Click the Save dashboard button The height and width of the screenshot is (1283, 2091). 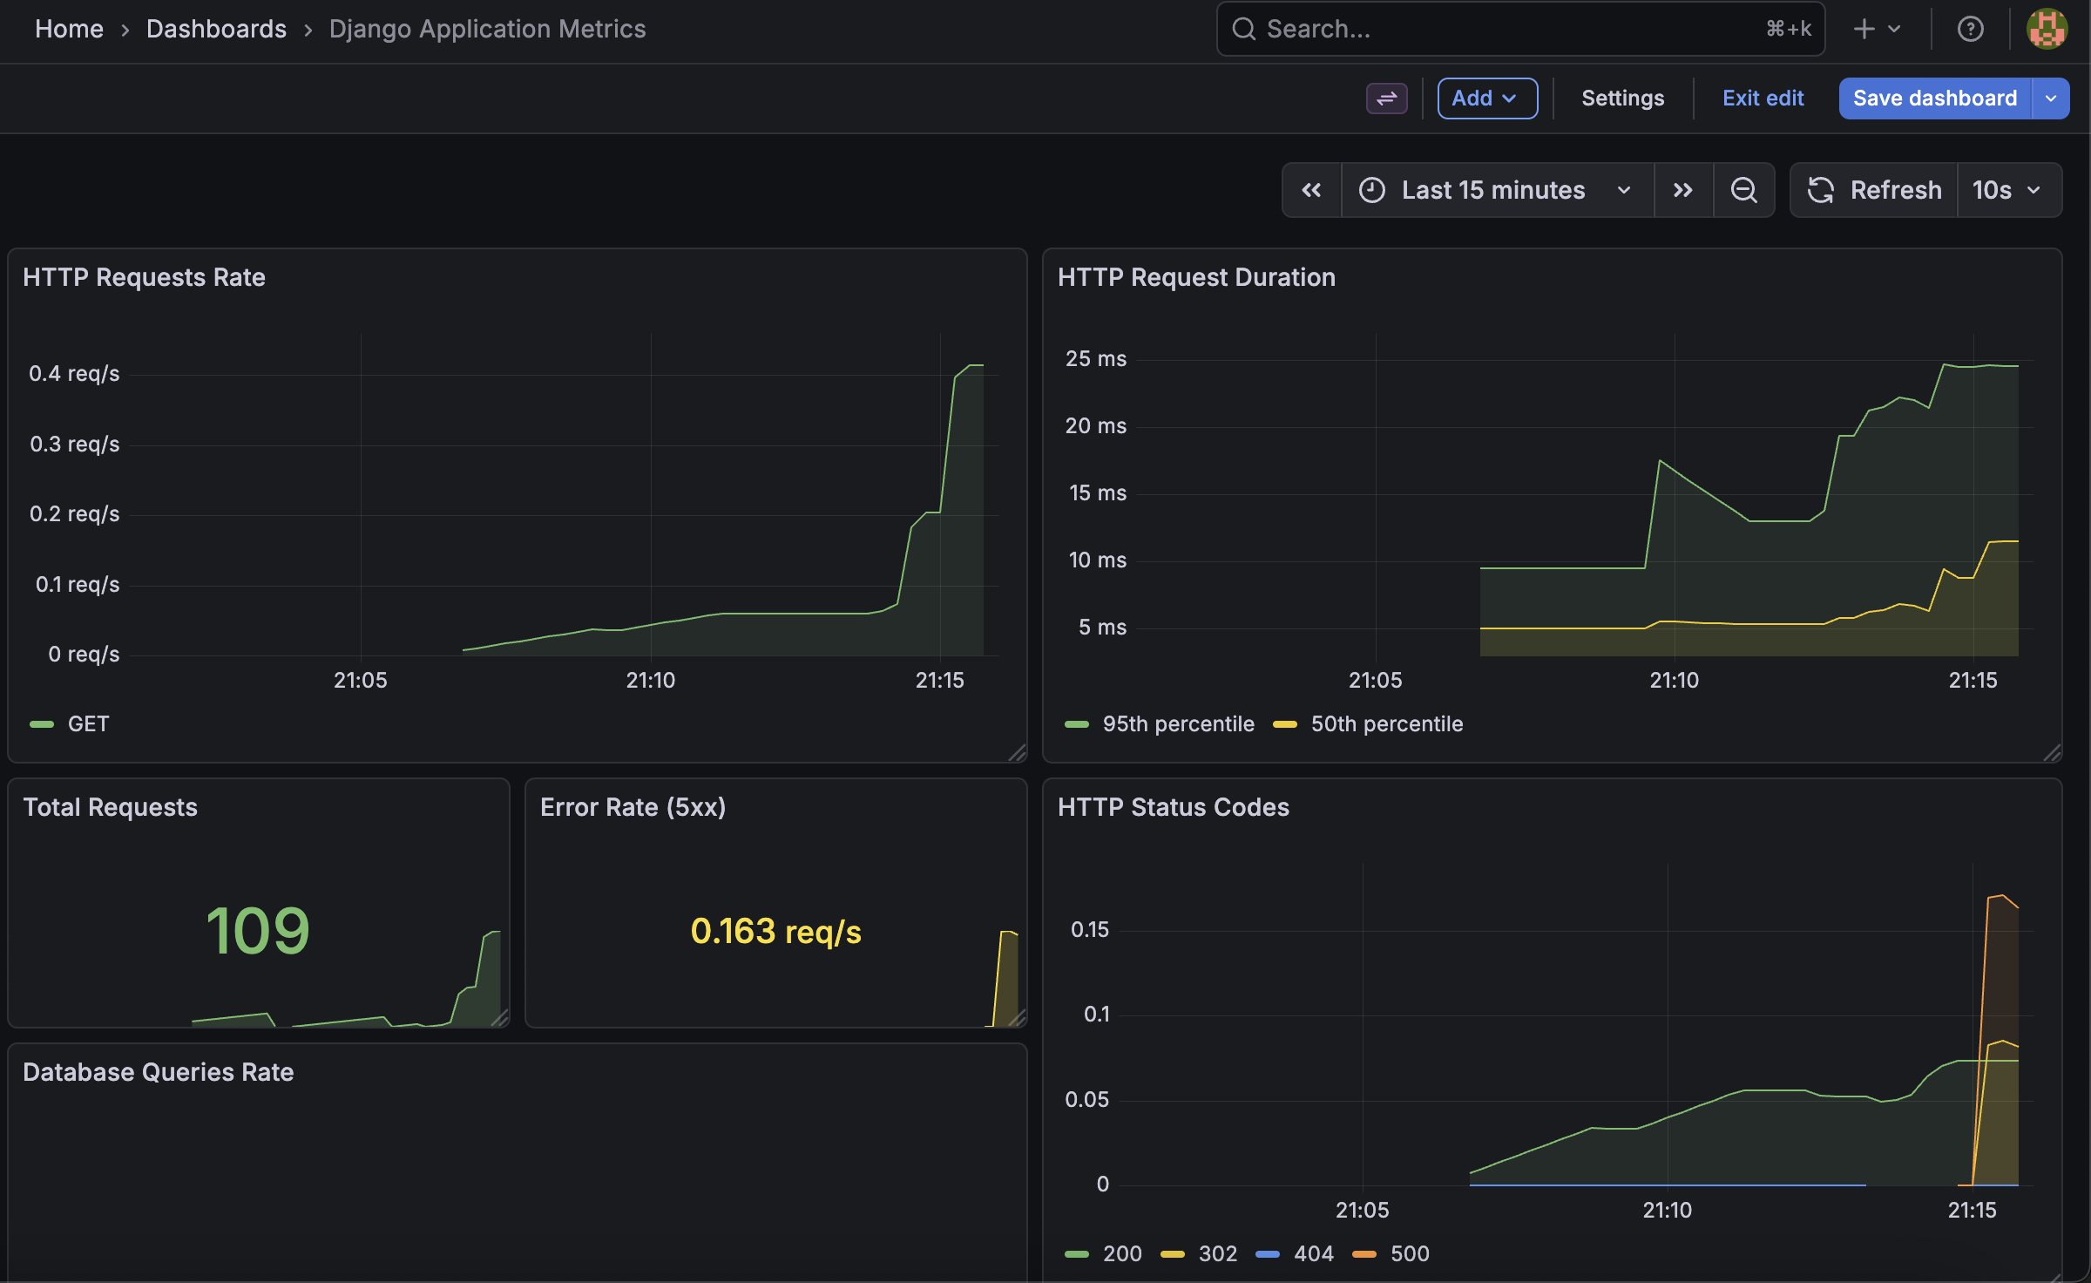1934,98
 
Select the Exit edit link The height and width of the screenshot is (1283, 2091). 1763,98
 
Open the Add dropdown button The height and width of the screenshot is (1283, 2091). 1486,98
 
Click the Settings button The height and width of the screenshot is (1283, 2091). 1622,98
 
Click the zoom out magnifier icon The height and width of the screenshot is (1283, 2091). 1743,190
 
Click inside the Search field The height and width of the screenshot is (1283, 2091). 1507,29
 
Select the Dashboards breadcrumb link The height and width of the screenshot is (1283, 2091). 216,29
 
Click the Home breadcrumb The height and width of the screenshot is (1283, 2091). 69,29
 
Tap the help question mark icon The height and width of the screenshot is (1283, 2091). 1970,29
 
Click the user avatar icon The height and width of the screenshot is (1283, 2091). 2047,29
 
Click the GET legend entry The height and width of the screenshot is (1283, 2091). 87,724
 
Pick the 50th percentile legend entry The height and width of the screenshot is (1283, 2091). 1385,724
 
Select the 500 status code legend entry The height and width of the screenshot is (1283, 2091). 1408,1254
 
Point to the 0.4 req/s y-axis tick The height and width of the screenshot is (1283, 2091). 74,374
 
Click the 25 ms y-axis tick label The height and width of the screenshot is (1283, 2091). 1095,359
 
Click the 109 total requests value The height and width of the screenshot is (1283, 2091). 258,931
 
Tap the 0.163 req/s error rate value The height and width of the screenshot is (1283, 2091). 775,932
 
